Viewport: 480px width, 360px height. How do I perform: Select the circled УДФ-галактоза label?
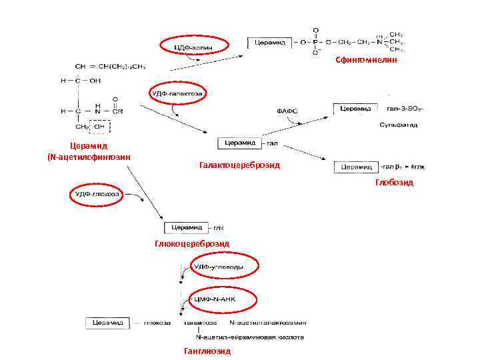[177, 94]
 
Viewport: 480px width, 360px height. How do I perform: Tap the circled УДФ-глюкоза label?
[97, 194]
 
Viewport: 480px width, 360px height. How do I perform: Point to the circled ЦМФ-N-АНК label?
[214, 300]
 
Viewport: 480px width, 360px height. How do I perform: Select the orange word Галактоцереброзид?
[239, 165]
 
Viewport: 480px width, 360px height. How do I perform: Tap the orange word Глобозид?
[394, 182]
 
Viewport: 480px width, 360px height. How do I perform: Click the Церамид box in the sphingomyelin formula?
[268, 43]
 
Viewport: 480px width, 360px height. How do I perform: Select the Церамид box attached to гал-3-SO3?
[357, 108]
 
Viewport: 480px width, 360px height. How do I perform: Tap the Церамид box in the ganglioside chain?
[105, 323]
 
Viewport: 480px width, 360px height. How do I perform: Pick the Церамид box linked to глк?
[187, 227]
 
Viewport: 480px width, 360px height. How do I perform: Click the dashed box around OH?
[100, 126]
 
